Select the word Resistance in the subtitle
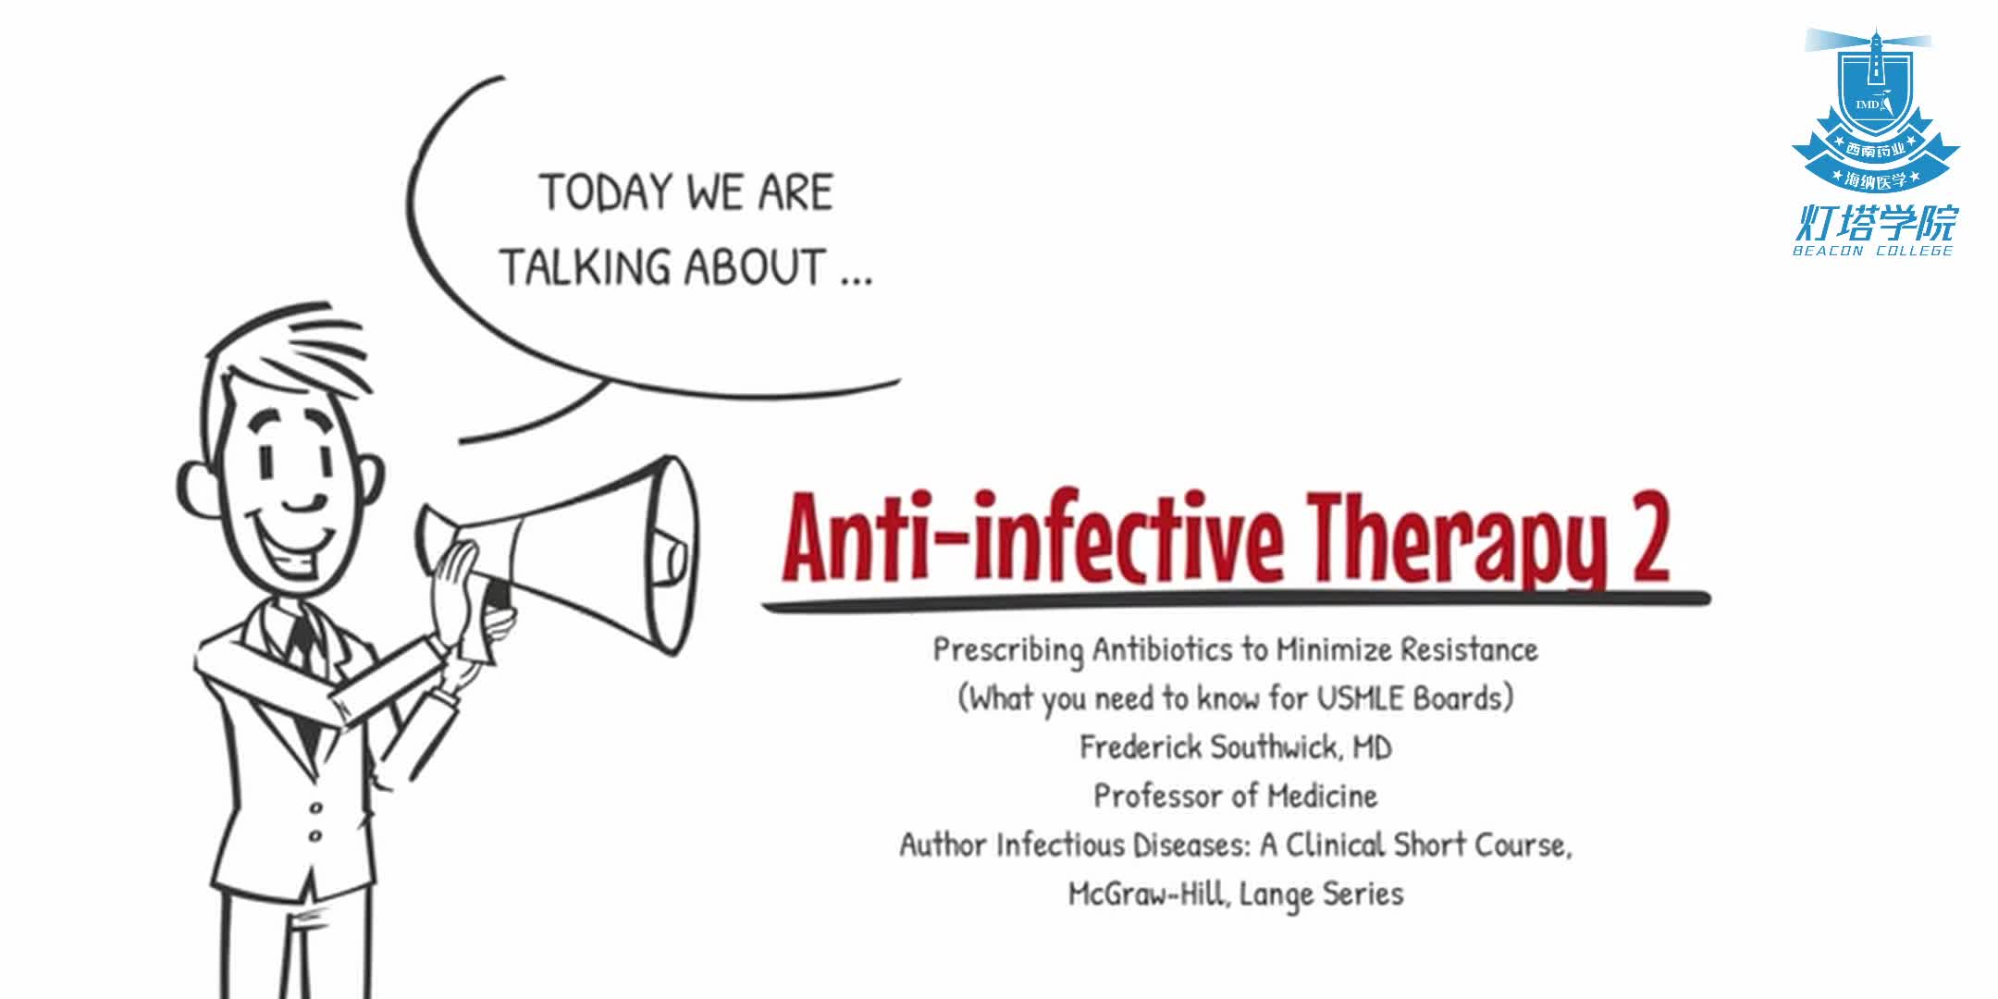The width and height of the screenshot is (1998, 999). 1469,649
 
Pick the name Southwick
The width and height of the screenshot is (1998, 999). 1276,747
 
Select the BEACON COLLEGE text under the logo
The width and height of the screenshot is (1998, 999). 1873,251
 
